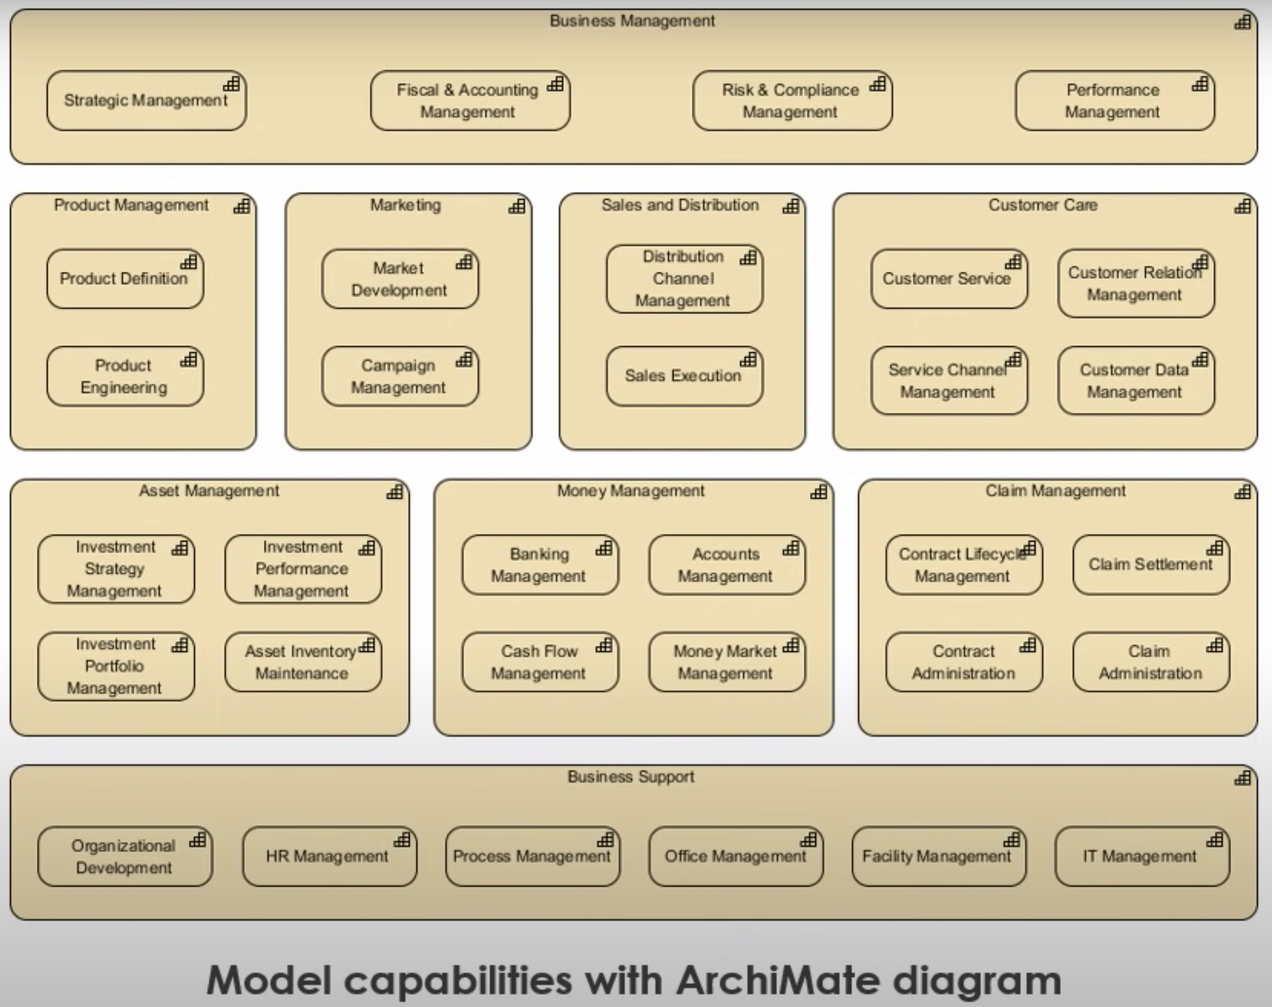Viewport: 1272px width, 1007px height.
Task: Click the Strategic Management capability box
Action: [x=147, y=101]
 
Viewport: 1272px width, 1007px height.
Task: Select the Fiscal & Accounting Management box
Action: [x=470, y=101]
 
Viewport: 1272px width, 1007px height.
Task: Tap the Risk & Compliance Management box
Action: [x=793, y=101]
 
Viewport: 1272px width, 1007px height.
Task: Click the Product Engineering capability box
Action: [x=125, y=377]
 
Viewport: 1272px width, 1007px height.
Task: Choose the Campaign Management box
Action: [x=400, y=377]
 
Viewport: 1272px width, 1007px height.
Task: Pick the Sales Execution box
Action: [x=684, y=377]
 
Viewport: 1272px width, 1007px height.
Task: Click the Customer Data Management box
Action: [x=1136, y=381]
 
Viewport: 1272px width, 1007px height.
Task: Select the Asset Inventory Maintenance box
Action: [x=303, y=662]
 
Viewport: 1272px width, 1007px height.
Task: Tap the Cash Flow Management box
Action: [x=541, y=662]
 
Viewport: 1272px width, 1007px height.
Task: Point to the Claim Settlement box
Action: [x=1151, y=565]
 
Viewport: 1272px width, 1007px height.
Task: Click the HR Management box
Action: [x=330, y=856]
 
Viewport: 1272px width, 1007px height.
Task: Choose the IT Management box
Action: [x=1142, y=856]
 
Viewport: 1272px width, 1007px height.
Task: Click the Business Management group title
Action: [x=633, y=21]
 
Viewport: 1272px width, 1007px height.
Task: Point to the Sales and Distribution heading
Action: [x=680, y=205]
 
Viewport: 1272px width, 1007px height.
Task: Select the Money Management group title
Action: [x=631, y=491]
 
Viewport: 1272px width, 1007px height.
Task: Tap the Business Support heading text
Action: [x=631, y=777]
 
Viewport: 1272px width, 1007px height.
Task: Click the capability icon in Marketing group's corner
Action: [x=517, y=206]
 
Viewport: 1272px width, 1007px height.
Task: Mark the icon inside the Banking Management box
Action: [x=604, y=548]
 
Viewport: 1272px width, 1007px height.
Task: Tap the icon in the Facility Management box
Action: [x=1012, y=839]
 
